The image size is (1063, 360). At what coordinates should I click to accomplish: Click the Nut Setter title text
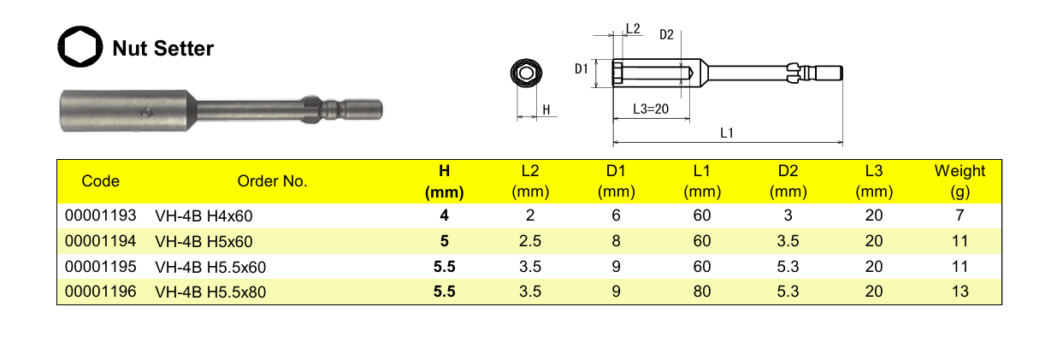(162, 49)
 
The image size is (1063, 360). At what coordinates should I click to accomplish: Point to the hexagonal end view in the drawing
(526, 73)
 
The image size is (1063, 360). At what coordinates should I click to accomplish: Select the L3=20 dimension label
(651, 109)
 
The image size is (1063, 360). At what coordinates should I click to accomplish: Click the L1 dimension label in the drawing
(727, 133)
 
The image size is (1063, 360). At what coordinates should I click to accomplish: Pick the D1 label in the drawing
(582, 68)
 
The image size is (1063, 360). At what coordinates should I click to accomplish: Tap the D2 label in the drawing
(666, 34)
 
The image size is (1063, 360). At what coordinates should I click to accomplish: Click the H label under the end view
(546, 110)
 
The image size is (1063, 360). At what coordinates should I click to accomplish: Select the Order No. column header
(272, 181)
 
